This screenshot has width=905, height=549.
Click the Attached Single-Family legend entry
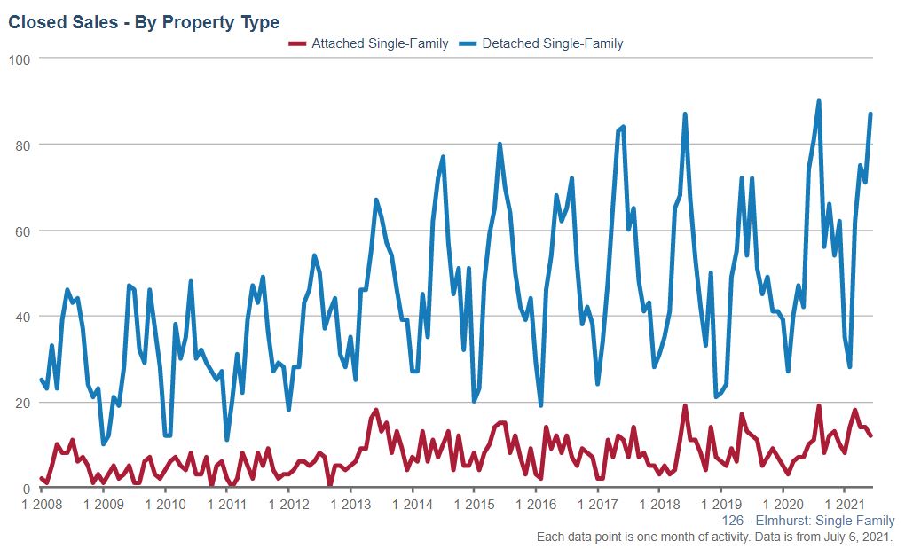pyautogui.click(x=379, y=43)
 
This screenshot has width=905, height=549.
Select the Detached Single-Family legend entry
pyautogui.click(x=552, y=43)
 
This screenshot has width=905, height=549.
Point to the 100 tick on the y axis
pyautogui.click(x=20, y=59)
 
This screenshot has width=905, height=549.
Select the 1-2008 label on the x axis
pyautogui.click(x=41, y=505)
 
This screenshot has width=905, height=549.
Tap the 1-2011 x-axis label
pyautogui.click(x=226, y=505)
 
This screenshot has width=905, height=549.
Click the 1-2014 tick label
pyautogui.click(x=412, y=505)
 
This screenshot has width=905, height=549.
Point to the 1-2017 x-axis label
pyautogui.click(x=597, y=505)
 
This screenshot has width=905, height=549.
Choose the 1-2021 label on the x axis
pyautogui.click(x=845, y=505)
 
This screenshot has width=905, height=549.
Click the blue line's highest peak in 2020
pyautogui.click(x=818, y=101)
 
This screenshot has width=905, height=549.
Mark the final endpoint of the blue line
pyautogui.click(x=870, y=114)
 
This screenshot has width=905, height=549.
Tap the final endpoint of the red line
pyautogui.click(x=870, y=435)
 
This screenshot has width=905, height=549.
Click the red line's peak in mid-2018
pyautogui.click(x=685, y=406)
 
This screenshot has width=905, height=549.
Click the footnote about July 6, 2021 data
pyautogui.click(x=715, y=537)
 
